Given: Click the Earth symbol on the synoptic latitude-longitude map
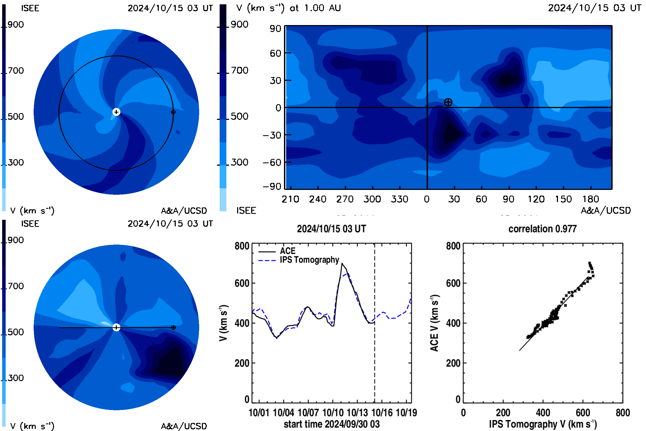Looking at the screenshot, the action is coord(448,102).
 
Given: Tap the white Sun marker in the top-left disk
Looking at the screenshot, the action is coord(117,112).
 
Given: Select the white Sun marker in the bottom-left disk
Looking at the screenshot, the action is coord(117,327).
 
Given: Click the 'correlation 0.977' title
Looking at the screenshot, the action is coord(542,229).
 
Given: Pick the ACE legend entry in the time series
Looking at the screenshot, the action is coord(277,251).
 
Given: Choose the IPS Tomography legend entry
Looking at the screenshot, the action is coord(299,260).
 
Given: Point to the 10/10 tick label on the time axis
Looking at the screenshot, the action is coord(333,413).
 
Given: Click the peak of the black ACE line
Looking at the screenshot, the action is coord(342,263).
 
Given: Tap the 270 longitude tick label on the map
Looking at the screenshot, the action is coord(345,199).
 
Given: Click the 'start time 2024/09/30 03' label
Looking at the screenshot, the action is coord(332,424).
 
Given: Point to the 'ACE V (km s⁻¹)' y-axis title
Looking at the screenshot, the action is coord(434,323).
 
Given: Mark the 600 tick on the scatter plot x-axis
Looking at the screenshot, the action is coord(583,413).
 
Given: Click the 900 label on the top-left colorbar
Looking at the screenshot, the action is coord(16,25).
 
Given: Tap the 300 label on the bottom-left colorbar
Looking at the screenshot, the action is coord(16,378).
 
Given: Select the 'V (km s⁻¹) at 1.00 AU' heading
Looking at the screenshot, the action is coord(289,8).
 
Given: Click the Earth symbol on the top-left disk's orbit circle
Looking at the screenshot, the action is coord(173,112).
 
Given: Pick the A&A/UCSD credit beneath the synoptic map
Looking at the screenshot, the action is coord(606,210).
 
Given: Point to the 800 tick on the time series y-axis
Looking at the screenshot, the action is coord(242,246).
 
